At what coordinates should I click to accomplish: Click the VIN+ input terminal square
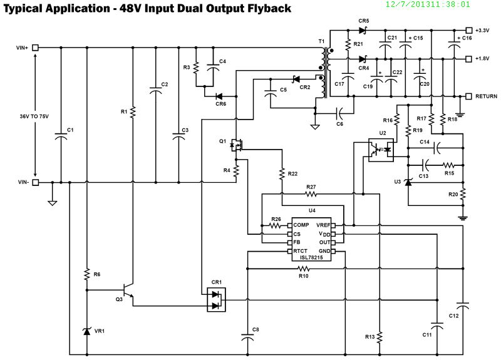pos(36,48)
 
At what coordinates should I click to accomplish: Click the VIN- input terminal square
pos(36,183)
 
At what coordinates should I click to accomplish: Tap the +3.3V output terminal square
pos(468,30)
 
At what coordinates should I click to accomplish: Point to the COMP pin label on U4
pos(301,225)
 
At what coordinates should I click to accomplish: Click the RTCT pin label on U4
pos(301,251)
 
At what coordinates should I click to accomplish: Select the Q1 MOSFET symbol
pos(237,145)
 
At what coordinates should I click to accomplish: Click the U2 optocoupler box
pos(380,150)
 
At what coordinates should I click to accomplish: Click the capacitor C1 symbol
pos(61,137)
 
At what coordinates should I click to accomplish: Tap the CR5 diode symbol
pos(362,30)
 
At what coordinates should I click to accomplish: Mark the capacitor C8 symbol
pos(247,336)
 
